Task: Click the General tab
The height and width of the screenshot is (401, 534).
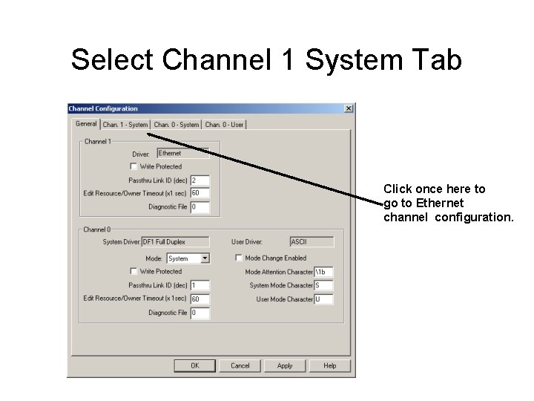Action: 86,124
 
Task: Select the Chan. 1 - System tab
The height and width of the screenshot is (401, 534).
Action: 125,125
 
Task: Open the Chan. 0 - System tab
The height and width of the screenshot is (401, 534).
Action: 177,125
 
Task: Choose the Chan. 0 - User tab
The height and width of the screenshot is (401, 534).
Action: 224,125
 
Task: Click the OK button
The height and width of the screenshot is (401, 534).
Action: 195,365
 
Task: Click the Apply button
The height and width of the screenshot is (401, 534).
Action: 285,365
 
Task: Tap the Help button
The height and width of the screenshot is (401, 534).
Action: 330,365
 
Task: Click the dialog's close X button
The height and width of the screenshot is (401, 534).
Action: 349,109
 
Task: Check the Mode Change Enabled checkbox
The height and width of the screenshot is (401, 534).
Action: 239,258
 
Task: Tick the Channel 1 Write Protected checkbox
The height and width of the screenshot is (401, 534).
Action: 133,166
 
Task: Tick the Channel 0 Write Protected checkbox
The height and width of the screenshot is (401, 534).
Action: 133,271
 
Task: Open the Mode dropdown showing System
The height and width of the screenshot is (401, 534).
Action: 205,258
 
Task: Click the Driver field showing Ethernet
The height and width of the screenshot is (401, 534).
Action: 182,153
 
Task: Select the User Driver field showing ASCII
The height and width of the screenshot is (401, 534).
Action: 311,241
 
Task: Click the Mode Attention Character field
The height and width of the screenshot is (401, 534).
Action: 323,272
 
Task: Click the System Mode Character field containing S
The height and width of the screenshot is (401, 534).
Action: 323,285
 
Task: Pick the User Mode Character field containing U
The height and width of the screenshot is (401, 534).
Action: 323,299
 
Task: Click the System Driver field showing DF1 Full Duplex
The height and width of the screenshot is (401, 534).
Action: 174,241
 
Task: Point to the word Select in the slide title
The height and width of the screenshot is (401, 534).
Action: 111,60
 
